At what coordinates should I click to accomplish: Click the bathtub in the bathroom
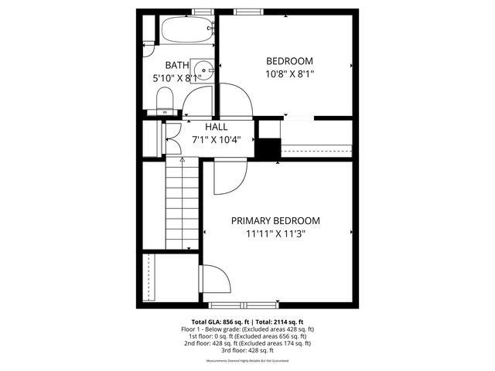(x=186, y=31)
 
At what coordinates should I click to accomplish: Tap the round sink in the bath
(x=203, y=68)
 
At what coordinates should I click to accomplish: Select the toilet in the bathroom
(x=164, y=100)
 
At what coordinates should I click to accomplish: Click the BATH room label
(x=178, y=66)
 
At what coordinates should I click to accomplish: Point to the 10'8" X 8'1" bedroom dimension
(x=289, y=73)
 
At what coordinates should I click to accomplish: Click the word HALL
(x=216, y=127)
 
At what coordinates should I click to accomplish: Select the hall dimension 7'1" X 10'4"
(x=216, y=140)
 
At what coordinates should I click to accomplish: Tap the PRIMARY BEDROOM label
(x=275, y=220)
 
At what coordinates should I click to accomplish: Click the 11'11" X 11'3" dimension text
(x=275, y=234)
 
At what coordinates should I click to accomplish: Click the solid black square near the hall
(x=268, y=148)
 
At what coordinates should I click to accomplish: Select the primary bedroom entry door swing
(x=230, y=176)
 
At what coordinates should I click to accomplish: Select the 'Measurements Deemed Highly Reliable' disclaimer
(x=247, y=361)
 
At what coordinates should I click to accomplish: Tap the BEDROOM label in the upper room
(x=289, y=61)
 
